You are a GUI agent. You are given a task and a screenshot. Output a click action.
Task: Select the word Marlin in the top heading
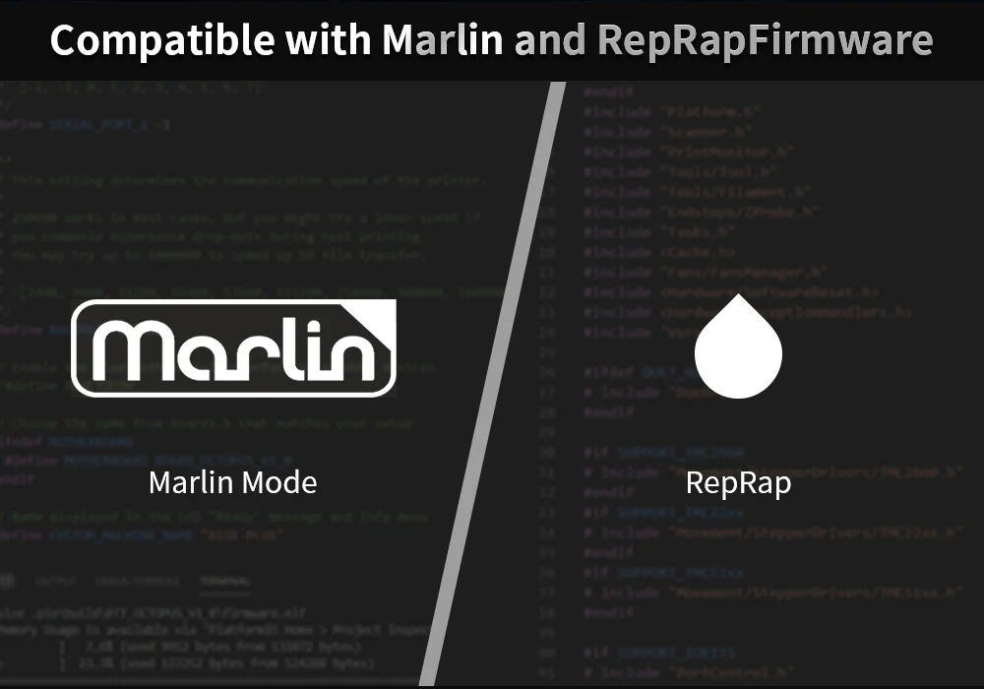(x=443, y=40)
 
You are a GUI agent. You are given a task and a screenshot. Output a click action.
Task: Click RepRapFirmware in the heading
(x=764, y=40)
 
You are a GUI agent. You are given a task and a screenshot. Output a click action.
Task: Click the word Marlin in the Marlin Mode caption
(x=191, y=482)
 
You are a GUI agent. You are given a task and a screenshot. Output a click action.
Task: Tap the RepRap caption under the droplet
(x=738, y=483)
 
